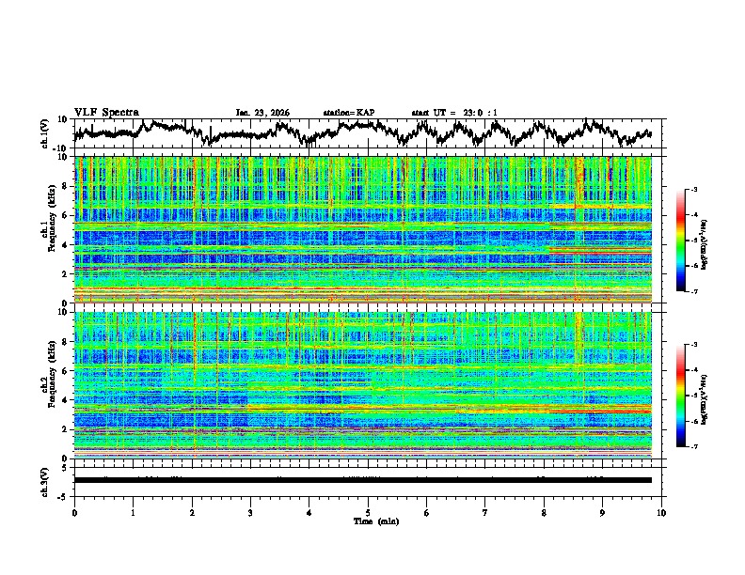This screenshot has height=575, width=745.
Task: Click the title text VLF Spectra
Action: (x=106, y=112)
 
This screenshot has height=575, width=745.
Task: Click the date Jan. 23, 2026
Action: (x=262, y=113)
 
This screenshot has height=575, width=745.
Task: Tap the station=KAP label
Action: (x=348, y=113)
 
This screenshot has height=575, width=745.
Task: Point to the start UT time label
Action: (x=454, y=113)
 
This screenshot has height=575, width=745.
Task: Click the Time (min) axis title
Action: (x=368, y=521)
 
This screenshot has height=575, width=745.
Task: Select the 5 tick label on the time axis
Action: (x=368, y=512)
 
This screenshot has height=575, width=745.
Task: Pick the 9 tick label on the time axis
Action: (x=603, y=512)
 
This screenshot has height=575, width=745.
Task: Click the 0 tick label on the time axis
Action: (x=74, y=512)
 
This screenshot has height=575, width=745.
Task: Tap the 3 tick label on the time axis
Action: (x=250, y=512)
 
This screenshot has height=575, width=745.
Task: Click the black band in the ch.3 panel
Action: (x=367, y=480)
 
